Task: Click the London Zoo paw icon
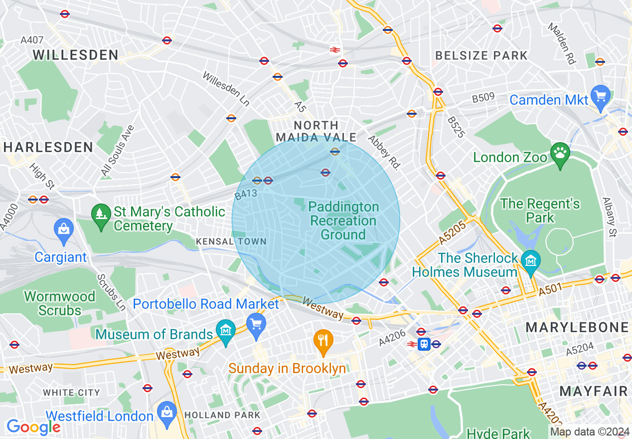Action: coord(560,152)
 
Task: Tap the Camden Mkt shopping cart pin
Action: coord(601,96)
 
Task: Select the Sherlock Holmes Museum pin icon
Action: coord(531,261)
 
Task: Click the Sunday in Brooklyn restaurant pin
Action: coord(323,341)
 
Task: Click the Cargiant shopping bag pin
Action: coord(63,230)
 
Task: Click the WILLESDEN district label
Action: coord(76,55)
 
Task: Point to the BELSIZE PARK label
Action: coord(481,55)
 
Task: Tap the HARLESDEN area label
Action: coord(48,147)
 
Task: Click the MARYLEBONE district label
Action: coord(577,327)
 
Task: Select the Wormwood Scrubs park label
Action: coord(60,303)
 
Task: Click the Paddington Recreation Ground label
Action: coord(343,220)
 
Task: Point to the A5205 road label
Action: coord(452,233)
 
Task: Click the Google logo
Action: coord(33,427)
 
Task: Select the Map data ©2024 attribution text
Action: coord(590,432)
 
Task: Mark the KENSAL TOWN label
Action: coord(231,241)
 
